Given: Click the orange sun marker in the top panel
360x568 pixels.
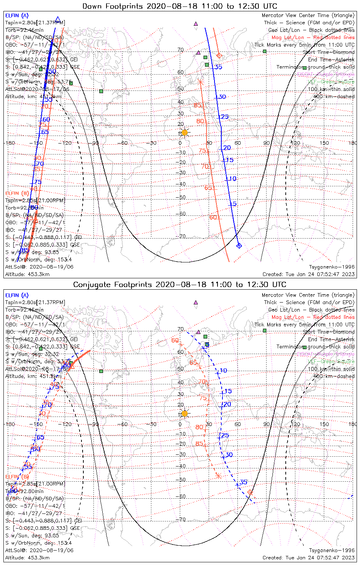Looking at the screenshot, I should click(x=185, y=132).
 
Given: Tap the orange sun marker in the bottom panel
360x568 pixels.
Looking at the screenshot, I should click(x=185, y=413).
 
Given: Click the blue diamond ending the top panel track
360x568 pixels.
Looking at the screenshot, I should click(x=239, y=246).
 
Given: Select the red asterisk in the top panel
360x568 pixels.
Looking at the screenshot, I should click(x=201, y=82).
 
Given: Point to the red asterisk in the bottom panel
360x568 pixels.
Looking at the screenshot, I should click(x=218, y=476).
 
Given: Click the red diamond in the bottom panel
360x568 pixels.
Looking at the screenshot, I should click(x=250, y=492).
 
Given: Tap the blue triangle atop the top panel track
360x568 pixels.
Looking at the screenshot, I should click(x=58, y=19).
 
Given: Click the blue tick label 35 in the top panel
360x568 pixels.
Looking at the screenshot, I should click(x=219, y=67).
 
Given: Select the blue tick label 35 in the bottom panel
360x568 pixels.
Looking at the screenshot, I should click(x=243, y=482).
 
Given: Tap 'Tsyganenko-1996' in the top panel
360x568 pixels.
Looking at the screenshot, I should click(x=332, y=267).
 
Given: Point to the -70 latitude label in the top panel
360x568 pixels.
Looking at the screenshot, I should click(x=182, y=236).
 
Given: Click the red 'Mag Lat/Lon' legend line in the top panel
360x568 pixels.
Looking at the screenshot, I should click(x=313, y=37).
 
